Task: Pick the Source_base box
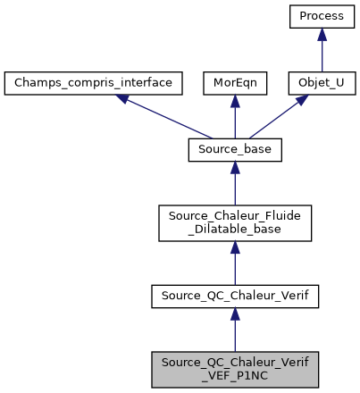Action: click(235, 150)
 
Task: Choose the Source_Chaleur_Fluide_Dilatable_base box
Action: click(235, 222)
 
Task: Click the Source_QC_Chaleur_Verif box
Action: click(235, 293)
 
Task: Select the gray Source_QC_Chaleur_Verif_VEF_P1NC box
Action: click(235, 366)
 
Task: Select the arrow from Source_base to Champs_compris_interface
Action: click(165, 117)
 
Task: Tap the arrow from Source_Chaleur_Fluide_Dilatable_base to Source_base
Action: click(235, 188)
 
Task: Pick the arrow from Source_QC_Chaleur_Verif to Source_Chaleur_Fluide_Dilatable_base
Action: click(235, 263)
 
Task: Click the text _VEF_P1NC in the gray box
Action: click(235, 372)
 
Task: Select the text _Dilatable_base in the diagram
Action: click(235, 230)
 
